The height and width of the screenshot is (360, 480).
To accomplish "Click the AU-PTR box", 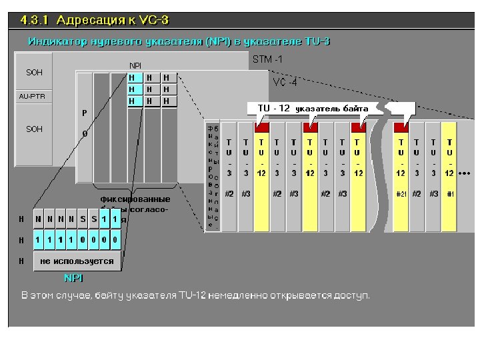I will point(33,96).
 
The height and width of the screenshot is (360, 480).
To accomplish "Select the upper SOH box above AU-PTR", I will point(33,72).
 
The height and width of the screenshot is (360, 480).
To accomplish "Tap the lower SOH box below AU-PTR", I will point(33,129).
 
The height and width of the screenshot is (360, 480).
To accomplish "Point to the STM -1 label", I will point(267,59).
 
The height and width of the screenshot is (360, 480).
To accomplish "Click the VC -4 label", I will point(285,81).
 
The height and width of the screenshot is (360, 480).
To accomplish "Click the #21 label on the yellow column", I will point(401,194).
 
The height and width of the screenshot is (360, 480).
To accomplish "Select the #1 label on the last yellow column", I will point(450,194).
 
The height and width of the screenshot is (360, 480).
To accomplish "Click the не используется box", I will point(77,261).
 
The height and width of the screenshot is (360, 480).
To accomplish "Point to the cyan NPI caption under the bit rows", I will point(73,277).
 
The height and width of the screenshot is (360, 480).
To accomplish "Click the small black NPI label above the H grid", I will point(135,66).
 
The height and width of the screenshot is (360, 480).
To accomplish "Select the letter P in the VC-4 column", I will point(85,113).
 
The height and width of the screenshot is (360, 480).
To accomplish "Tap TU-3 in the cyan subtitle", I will point(317,41).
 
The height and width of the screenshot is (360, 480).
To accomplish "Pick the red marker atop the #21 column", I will point(401,126).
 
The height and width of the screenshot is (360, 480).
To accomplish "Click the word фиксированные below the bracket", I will point(135,199).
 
